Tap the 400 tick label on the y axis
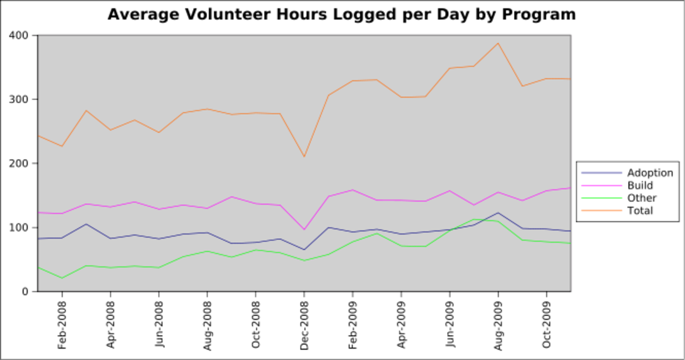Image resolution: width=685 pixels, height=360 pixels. point(20,35)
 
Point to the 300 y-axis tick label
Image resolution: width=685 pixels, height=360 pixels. point(20,99)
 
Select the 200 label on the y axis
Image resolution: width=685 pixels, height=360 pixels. point(20,164)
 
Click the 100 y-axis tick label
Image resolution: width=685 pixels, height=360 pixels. point(20,227)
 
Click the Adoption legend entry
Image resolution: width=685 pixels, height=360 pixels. point(650,173)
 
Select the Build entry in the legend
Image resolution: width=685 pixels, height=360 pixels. point(640,186)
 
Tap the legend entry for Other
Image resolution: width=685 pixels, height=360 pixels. point(642,198)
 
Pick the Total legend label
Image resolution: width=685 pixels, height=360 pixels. point(640,210)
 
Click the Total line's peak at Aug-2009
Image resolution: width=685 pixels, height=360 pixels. point(498,43)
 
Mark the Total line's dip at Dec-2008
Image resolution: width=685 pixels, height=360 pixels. point(304,156)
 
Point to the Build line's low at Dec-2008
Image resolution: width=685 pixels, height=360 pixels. point(304,229)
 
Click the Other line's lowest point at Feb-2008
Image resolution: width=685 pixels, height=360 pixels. point(62,278)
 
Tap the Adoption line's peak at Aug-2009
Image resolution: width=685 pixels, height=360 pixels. point(498,213)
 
